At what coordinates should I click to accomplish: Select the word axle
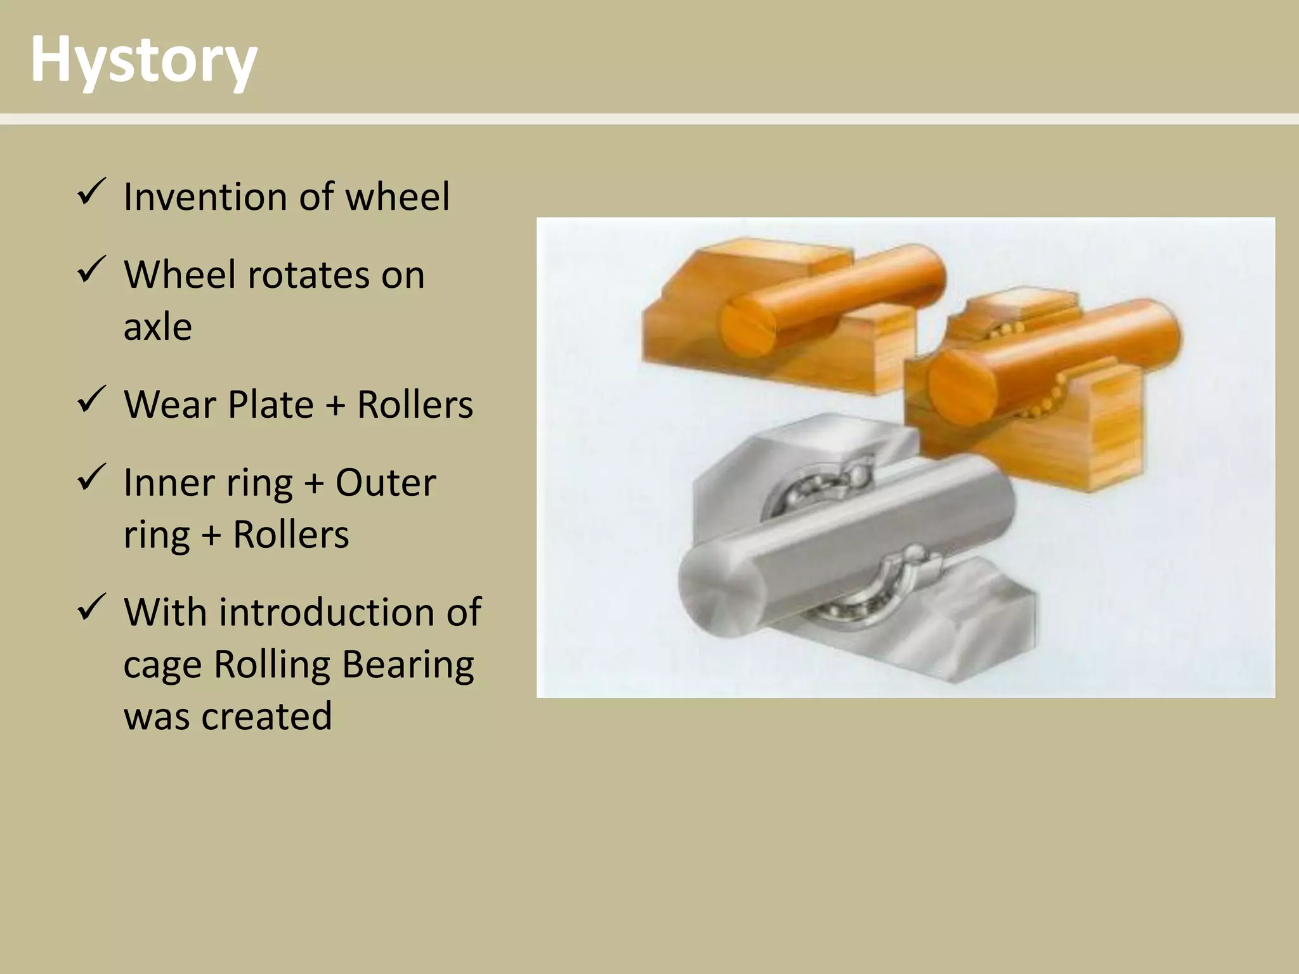coord(157,327)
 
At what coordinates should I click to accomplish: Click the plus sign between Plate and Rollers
coord(335,406)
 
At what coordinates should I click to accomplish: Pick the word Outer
coord(385,483)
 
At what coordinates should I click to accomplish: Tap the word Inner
coord(162,483)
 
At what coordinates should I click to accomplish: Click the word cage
coord(162,666)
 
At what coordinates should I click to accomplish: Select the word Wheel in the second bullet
coord(179,275)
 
